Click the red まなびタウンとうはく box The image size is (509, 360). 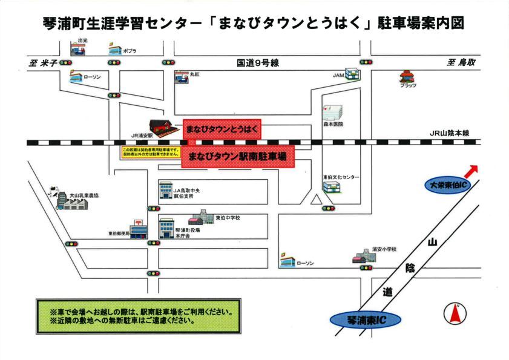(222, 129)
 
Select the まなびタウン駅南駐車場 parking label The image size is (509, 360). (237, 156)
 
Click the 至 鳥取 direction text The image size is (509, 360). (462, 62)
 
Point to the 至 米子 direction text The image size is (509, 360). (42, 62)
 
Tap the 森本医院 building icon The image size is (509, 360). (332, 112)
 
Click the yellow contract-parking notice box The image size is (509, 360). (151, 152)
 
